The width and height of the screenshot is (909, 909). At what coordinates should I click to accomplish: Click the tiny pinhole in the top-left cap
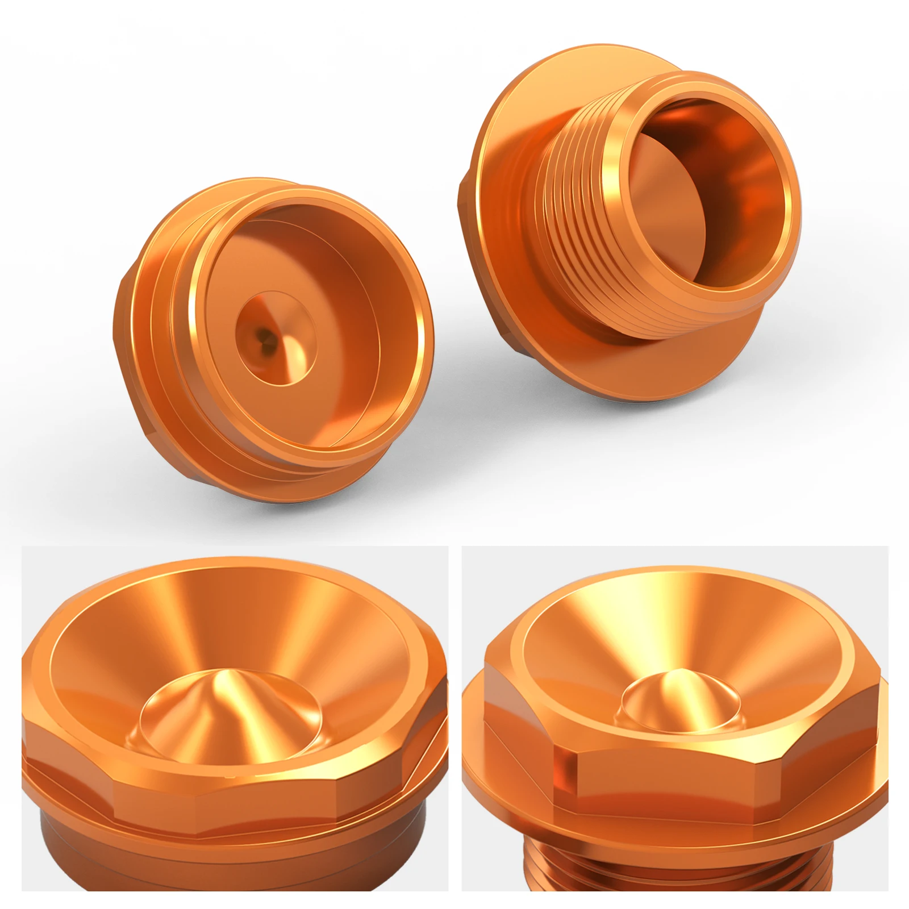click(x=262, y=337)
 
